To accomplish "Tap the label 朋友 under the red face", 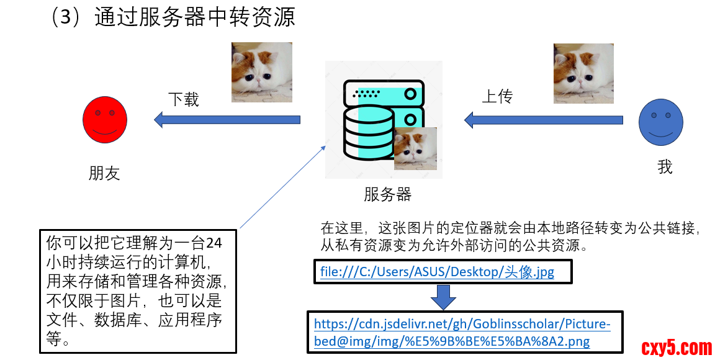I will (x=104, y=173).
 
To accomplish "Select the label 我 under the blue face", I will (x=665, y=167).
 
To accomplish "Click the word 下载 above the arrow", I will (x=184, y=99).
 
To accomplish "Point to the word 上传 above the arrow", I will (x=498, y=97).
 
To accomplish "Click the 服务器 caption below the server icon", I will (x=387, y=194).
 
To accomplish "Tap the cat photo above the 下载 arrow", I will (x=261, y=72).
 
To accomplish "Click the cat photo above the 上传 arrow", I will (x=583, y=73).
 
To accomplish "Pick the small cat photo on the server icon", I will (x=415, y=148).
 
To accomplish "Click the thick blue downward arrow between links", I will (x=443, y=297).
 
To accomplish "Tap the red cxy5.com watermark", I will (x=676, y=348).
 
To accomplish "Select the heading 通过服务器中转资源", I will (x=194, y=17).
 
